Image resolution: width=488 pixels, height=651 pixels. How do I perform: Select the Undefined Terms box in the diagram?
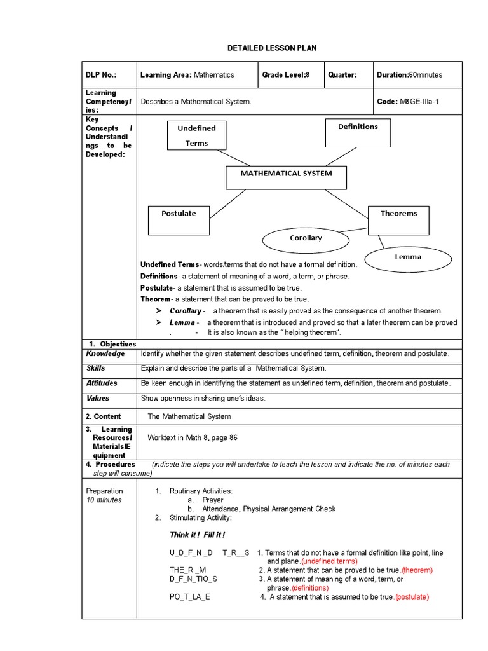tap(196, 135)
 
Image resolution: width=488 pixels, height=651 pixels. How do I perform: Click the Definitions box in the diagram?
tap(358, 132)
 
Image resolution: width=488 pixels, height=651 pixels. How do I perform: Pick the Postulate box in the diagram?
tap(179, 220)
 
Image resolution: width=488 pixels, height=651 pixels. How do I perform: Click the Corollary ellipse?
tap(306, 238)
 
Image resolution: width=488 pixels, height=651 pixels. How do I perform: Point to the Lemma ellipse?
tap(408, 257)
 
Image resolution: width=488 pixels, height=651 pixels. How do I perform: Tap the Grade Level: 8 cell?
tap(285, 75)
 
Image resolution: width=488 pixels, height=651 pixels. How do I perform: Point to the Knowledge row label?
tap(105, 354)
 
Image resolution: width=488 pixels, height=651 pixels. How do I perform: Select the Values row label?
tap(98, 399)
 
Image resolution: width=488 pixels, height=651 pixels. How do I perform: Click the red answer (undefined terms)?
tap(329, 561)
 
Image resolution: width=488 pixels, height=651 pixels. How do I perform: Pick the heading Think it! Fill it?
tap(197, 535)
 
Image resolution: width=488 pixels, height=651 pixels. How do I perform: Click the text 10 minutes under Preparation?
tap(104, 500)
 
